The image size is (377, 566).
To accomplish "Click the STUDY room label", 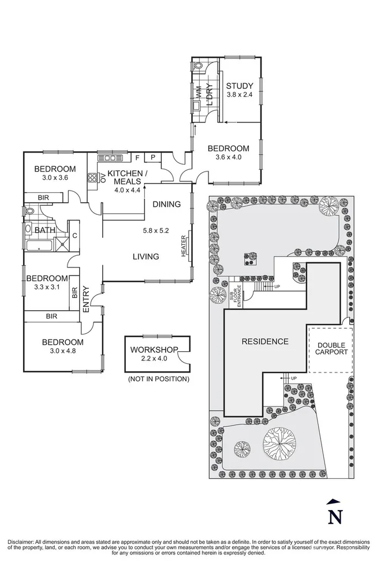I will (239, 86).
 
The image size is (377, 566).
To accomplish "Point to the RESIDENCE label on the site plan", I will (265, 341).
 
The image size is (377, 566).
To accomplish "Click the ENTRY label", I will (86, 299).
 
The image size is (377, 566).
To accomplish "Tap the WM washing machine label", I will (197, 91).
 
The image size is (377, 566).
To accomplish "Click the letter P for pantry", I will (154, 157).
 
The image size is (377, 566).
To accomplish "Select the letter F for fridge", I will (137, 157).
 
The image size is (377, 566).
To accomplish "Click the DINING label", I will (166, 204).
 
